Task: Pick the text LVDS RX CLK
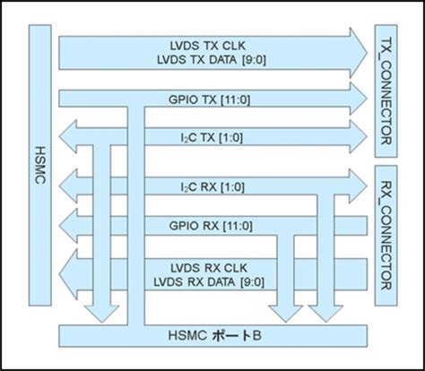point(212,267)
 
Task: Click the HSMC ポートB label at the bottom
point(212,335)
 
